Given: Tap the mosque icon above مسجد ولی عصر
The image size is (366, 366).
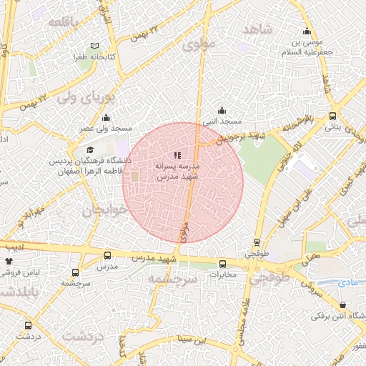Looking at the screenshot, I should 106,118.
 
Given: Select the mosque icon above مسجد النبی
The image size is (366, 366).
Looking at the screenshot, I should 222,111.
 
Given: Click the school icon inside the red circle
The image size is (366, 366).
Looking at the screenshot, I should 177,155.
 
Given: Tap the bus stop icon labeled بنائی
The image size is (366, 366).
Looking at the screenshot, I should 332,117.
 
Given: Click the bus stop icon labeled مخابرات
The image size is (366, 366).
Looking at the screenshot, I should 222,263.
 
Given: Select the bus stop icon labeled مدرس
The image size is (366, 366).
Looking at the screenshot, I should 108,255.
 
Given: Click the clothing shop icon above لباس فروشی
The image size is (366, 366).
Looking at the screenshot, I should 9,262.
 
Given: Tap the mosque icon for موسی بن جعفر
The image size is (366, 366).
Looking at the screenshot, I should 307,31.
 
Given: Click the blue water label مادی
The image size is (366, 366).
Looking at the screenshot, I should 347,283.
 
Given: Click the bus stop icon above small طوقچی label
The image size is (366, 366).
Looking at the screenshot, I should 257,243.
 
